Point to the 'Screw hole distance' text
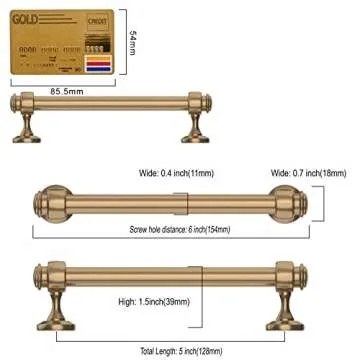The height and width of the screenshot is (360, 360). pyautogui.click(x=180, y=229)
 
